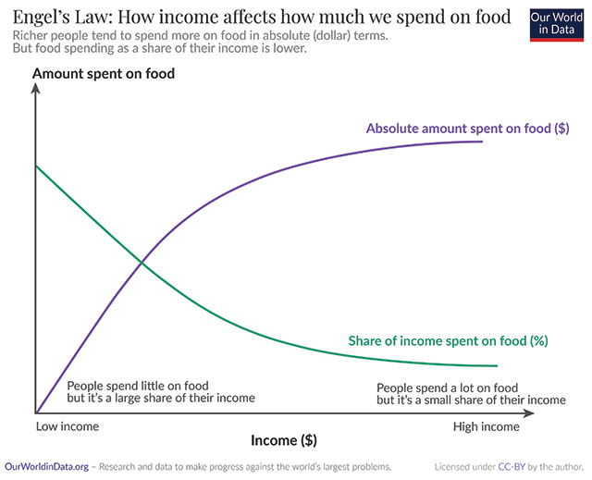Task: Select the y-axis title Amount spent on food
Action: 104,73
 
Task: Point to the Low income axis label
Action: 67,427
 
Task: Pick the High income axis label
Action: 486,427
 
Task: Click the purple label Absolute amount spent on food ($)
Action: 467,129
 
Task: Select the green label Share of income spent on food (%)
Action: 448,340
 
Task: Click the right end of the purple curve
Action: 482,141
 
